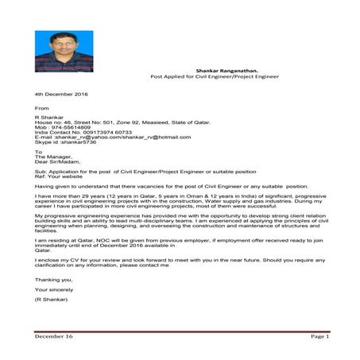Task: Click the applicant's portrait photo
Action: [x=60, y=51]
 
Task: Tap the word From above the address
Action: [x=41, y=108]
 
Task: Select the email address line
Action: [x=103, y=137]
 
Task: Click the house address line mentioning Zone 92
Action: [x=112, y=122]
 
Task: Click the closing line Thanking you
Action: [x=53, y=279]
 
